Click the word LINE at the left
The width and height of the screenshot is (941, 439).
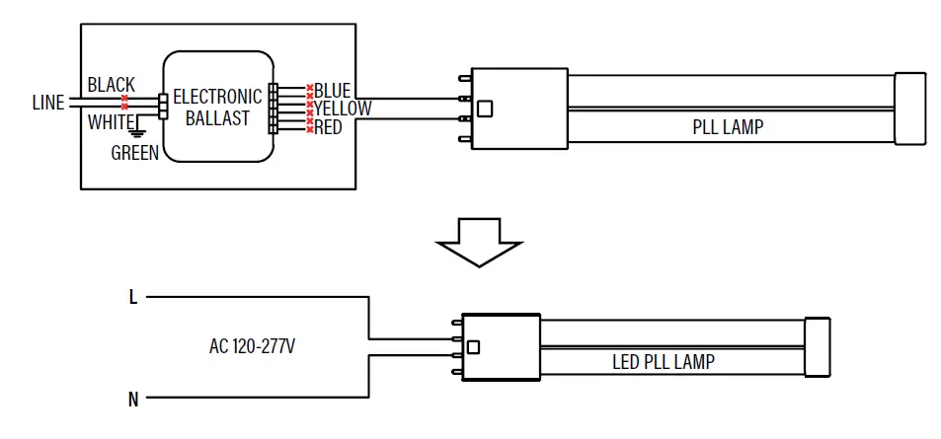(47, 103)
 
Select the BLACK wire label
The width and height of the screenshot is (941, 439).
(111, 86)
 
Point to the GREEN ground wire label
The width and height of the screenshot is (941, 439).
(134, 153)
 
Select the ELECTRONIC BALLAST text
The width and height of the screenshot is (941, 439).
(217, 108)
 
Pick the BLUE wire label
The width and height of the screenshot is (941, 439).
(332, 91)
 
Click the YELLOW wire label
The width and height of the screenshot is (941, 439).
(342, 109)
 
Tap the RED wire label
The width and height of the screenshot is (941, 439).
(328, 127)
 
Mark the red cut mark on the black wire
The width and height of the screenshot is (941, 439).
(124, 102)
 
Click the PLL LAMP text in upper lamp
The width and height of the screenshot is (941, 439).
(727, 127)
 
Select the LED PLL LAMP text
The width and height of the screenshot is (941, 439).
(663, 362)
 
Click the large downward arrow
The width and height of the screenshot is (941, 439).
(479, 243)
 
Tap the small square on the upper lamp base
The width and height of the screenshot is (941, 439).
(485, 110)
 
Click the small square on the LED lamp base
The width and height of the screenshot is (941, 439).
(474, 346)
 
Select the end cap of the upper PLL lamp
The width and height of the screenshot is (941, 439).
(909, 109)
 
